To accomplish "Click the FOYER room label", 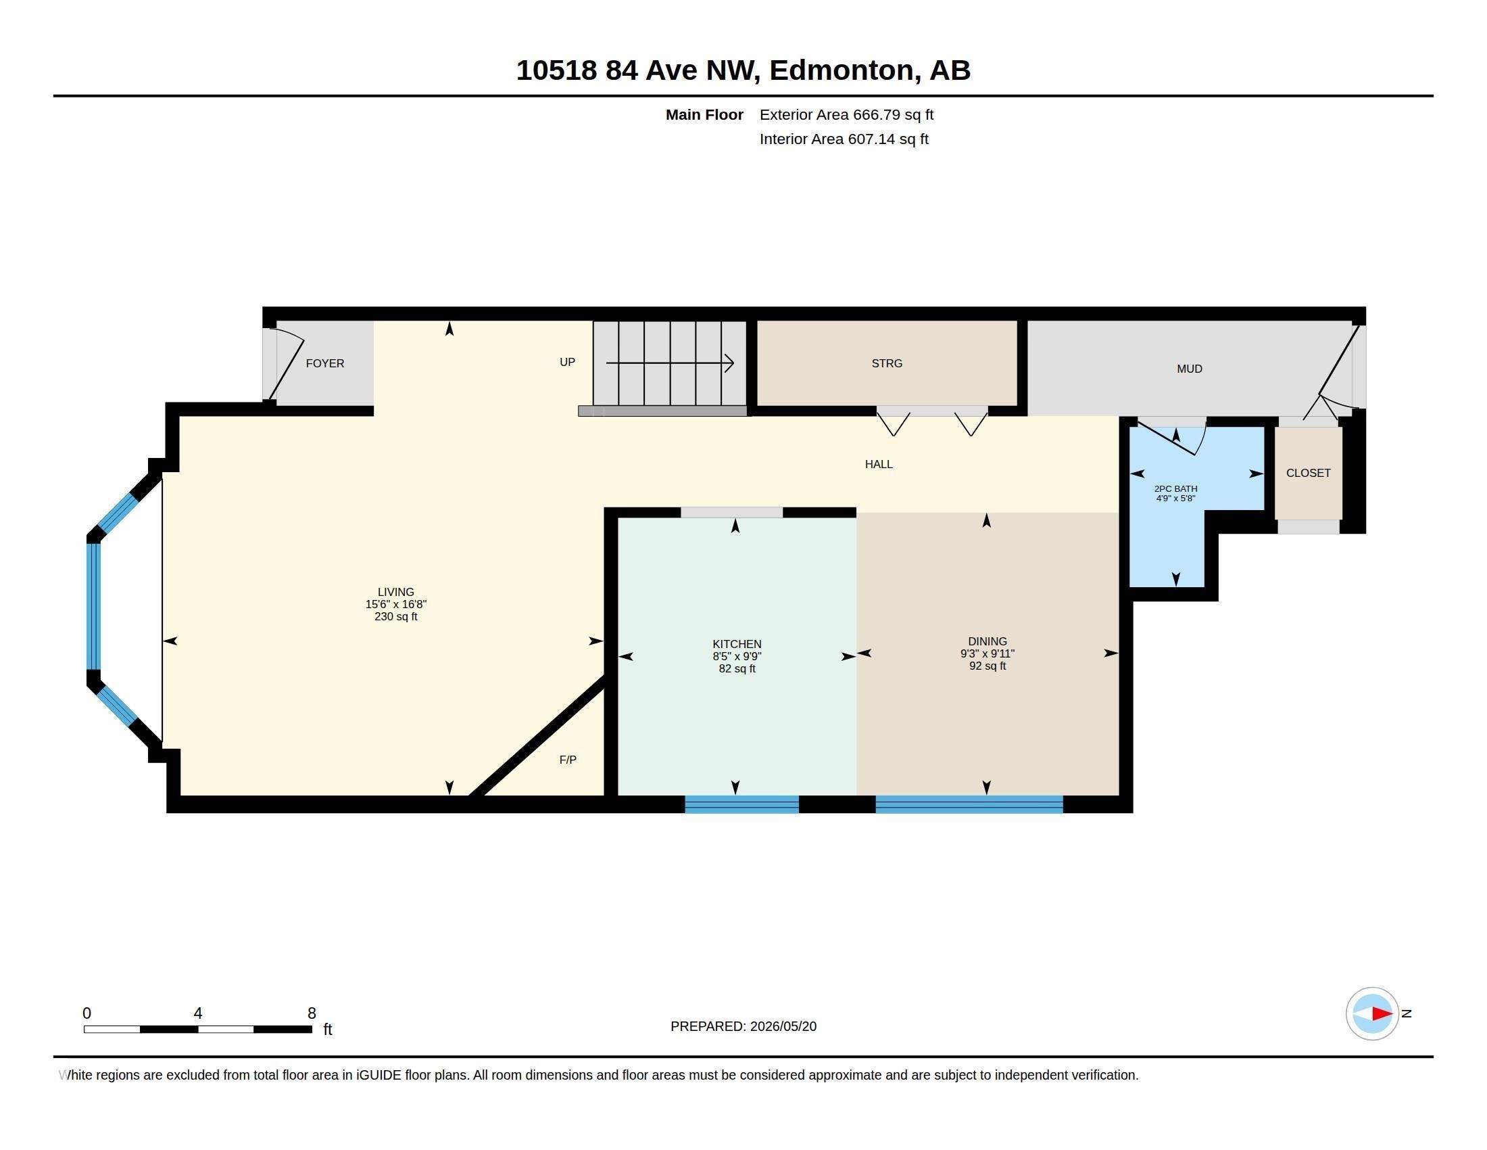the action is (x=324, y=363).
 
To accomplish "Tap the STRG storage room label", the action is (x=887, y=363).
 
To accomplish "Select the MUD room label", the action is (x=1190, y=369).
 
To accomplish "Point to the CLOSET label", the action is (x=1308, y=473).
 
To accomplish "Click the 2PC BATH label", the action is (x=1175, y=488).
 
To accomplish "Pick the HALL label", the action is (x=878, y=464).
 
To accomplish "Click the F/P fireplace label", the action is (x=568, y=760).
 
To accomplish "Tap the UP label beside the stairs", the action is (x=567, y=362).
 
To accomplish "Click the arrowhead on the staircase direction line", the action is (x=729, y=363).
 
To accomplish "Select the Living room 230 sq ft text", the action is (x=395, y=616).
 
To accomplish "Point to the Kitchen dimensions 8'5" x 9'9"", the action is (x=737, y=656).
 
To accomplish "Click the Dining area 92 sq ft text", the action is (x=988, y=666).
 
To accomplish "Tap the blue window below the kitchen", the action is (x=741, y=804).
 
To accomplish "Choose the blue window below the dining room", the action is (x=969, y=804).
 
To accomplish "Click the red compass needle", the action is (x=1382, y=1014).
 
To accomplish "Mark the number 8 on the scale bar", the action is (x=312, y=1013).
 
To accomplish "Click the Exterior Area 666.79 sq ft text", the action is (x=846, y=114).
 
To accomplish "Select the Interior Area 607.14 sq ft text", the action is (x=844, y=139).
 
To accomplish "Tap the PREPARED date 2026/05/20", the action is (x=783, y=1026).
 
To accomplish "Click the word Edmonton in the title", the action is (x=842, y=70).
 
